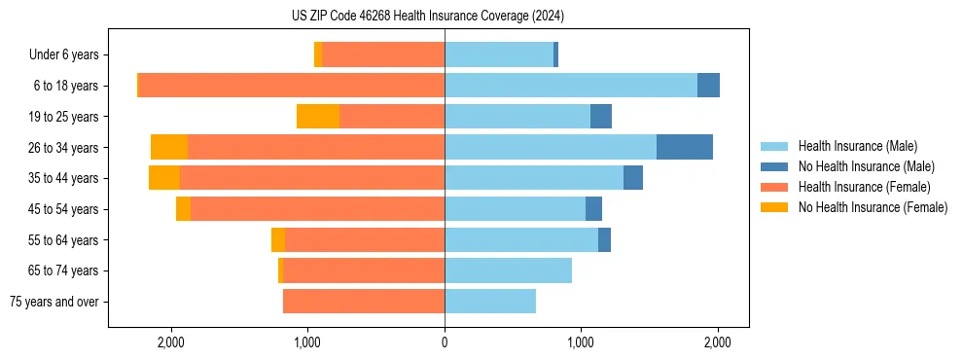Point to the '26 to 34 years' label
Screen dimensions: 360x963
pyautogui.click(x=64, y=148)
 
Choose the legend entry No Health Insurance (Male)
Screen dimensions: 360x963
pyautogui.click(x=865, y=166)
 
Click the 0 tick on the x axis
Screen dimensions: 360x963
pyautogui.click(x=445, y=342)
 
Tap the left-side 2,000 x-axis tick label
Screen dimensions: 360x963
pyautogui.click(x=171, y=342)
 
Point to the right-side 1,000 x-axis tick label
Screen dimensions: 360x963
pyautogui.click(x=581, y=342)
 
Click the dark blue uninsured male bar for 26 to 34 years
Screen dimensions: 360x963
pyautogui.click(x=685, y=147)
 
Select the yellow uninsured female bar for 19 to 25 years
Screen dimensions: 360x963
pyautogui.click(x=318, y=117)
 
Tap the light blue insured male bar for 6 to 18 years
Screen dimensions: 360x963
pyautogui.click(x=571, y=86)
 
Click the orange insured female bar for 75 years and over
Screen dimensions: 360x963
pyautogui.click(x=364, y=302)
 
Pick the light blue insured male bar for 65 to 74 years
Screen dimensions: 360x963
pyautogui.click(x=508, y=270)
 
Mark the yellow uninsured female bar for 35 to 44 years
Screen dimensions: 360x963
pyautogui.click(x=164, y=178)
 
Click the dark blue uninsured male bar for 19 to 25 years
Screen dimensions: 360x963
pyautogui.click(x=601, y=117)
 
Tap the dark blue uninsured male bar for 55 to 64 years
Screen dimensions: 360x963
pyautogui.click(x=604, y=239)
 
